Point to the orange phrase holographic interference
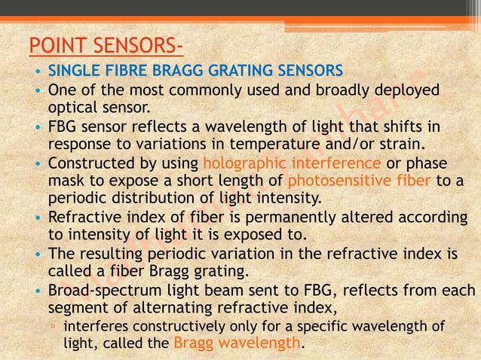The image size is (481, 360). pyautogui.click(x=292, y=163)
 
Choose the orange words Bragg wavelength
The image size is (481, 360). pyautogui.click(x=236, y=343)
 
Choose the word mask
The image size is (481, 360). pyautogui.click(x=65, y=181)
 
